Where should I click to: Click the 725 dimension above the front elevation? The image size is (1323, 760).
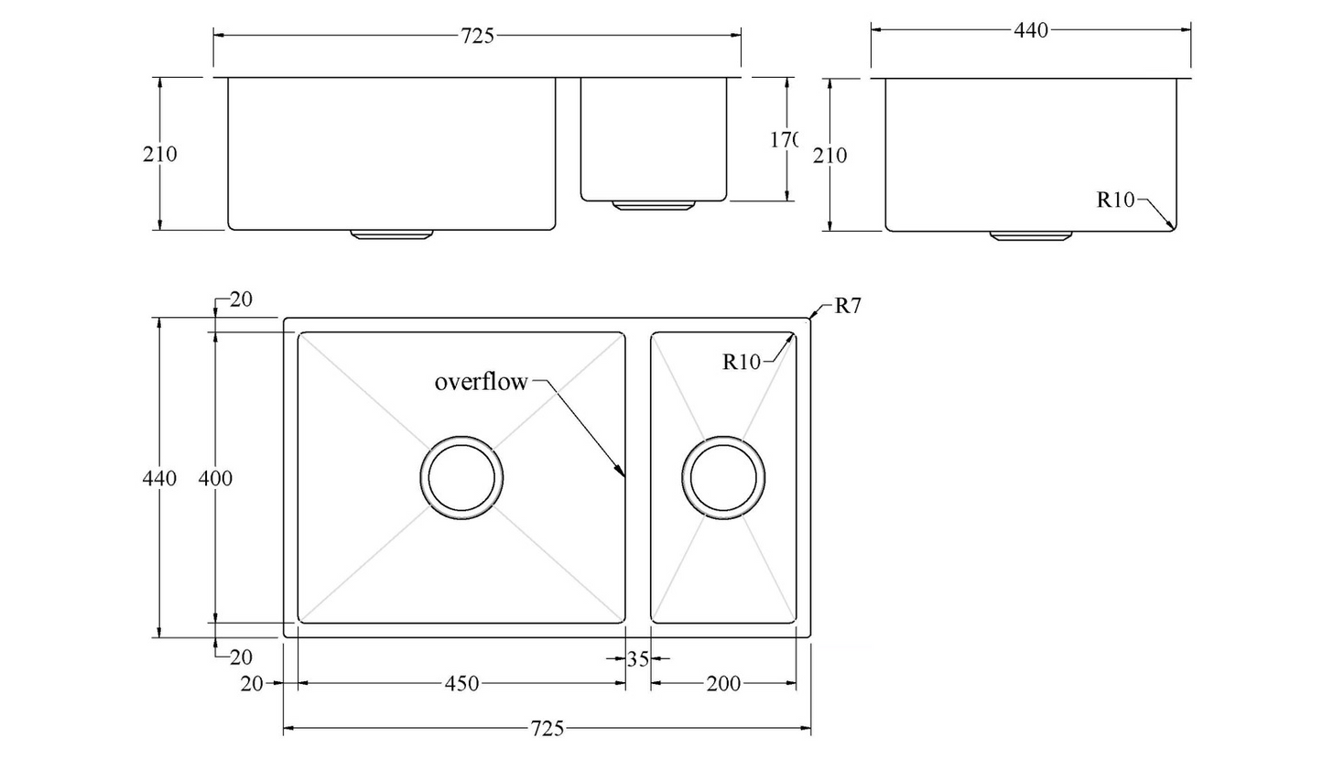(x=477, y=36)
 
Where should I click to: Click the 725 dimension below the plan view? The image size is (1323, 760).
(x=548, y=729)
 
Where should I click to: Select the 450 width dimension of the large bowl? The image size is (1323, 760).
(x=461, y=683)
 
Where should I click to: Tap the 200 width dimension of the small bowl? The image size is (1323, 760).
(x=723, y=683)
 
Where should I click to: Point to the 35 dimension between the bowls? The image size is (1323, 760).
(x=638, y=658)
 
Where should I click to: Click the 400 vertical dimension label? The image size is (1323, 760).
(x=215, y=478)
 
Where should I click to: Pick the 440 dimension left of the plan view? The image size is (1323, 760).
(x=159, y=478)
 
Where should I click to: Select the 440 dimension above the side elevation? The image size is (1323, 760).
(x=1030, y=30)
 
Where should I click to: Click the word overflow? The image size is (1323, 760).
(x=481, y=382)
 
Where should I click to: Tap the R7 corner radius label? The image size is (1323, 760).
(x=848, y=307)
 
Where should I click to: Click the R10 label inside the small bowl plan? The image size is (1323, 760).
(x=742, y=363)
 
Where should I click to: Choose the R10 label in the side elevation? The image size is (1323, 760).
(x=1115, y=201)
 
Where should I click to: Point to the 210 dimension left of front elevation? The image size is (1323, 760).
(x=159, y=154)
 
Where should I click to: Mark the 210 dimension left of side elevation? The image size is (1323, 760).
(x=830, y=156)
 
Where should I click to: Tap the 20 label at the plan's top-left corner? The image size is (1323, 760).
(x=241, y=299)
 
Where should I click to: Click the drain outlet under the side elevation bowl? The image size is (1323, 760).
(x=1030, y=235)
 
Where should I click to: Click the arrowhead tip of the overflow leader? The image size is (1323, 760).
(x=623, y=475)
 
